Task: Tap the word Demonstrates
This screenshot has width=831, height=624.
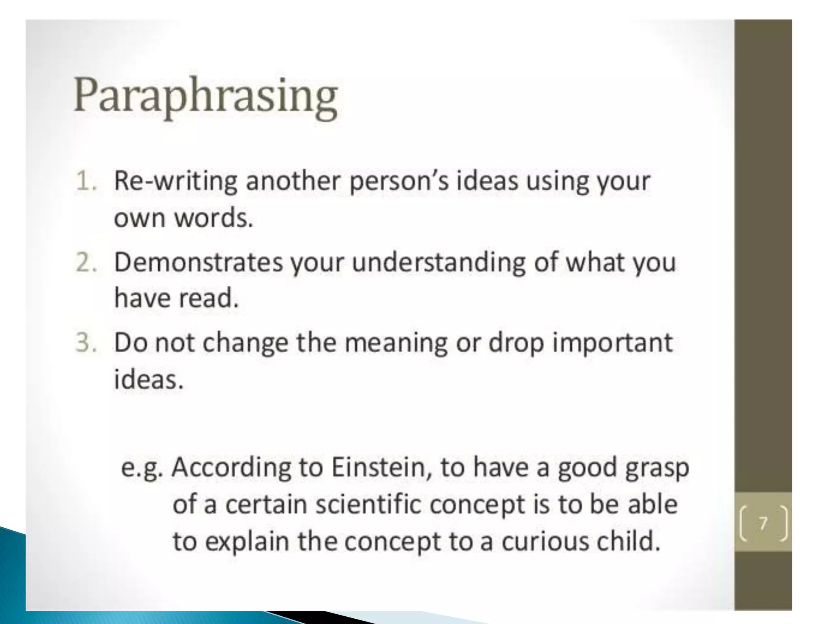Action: pos(198,262)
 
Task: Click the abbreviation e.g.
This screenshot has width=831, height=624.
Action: pos(142,468)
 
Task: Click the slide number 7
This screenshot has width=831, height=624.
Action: pos(763,523)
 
